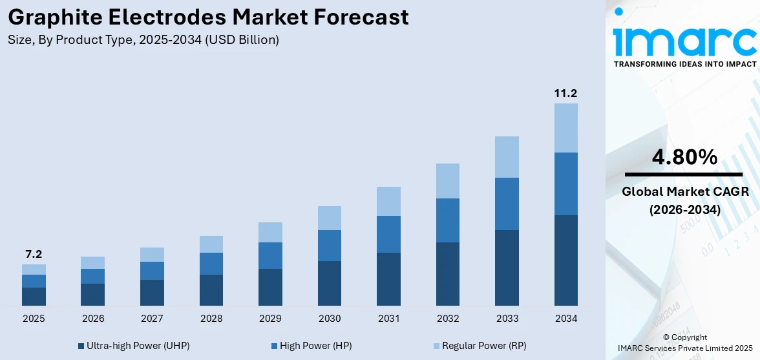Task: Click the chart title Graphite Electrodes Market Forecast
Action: click(208, 17)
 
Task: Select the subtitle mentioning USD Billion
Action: click(143, 40)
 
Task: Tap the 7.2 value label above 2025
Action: click(34, 254)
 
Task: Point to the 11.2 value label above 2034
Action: click(565, 94)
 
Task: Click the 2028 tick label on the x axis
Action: click(211, 319)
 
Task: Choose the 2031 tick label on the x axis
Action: click(388, 319)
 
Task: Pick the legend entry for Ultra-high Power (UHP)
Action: click(133, 346)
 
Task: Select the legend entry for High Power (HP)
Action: click(310, 346)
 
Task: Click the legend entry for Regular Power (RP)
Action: click(479, 346)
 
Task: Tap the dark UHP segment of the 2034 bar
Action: click(566, 260)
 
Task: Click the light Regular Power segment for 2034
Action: click(566, 128)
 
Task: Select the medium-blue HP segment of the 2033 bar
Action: click(507, 204)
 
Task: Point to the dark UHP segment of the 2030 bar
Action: click(330, 283)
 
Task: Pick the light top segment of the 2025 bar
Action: click(34, 270)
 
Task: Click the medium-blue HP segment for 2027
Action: click(152, 271)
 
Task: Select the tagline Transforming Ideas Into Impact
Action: click(684, 64)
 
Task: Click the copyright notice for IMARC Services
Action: click(684, 343)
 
